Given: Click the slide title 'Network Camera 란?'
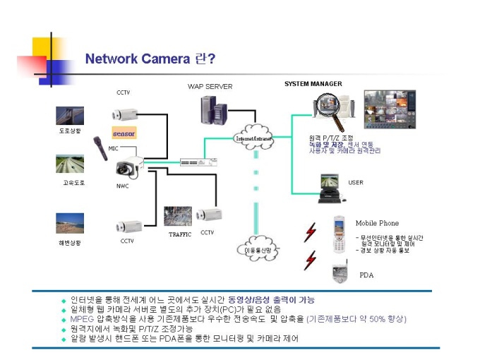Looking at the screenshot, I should tap(150, 58).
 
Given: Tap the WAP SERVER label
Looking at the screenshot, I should tap(210, 87).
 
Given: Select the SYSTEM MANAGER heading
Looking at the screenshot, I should tap(313, 84).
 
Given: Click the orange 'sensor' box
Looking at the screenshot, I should tap(124, 133).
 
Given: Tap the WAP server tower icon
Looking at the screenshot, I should tap(213, 109).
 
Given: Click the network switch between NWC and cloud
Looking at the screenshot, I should tap(191, 162).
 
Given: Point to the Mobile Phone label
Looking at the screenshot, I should tap(376, 223).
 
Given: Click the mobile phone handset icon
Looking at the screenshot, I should tap(340, 233).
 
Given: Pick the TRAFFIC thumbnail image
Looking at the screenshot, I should tap(177, 216).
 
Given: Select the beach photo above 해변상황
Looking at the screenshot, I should tap(70, 224).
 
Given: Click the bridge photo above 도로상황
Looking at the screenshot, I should tap(70, 116).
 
